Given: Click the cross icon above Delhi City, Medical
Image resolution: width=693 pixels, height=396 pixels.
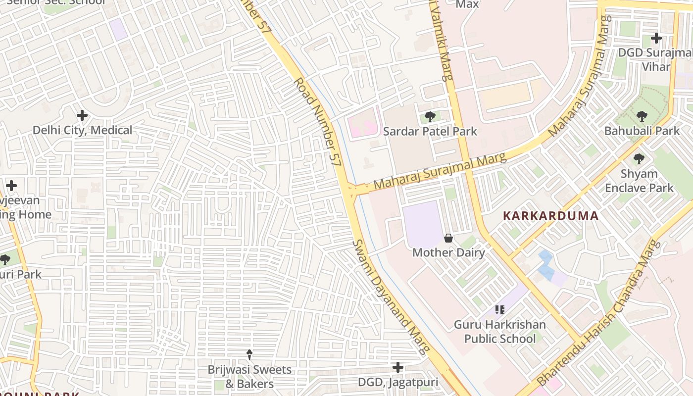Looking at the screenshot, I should point(82,116).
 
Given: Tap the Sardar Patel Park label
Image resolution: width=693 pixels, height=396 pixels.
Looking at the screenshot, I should point(430,131).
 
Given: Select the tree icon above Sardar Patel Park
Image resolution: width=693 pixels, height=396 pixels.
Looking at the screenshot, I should point(430,117).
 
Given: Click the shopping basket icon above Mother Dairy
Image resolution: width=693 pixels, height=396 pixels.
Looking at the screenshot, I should point(448,238).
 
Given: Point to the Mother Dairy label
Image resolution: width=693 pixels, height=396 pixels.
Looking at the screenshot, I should point(448,252).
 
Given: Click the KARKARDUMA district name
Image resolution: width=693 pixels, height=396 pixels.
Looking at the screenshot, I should point(551,216).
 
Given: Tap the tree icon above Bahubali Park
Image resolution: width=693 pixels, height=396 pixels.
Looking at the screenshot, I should point(642,117).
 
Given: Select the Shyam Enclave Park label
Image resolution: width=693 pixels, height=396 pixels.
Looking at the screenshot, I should point(639,181).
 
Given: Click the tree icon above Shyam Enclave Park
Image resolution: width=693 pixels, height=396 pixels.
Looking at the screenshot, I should point(639,159).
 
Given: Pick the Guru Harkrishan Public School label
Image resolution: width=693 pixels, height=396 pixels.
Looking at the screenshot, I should point(500,332).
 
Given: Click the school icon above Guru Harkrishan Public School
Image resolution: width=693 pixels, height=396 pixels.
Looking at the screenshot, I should point(500,310).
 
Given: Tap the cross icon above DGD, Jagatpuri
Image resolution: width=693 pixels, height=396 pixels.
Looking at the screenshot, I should point(398,367).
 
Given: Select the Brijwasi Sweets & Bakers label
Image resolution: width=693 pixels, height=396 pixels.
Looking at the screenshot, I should point(249,376).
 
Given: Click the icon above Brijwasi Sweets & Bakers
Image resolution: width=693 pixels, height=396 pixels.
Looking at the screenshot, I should point(249,355).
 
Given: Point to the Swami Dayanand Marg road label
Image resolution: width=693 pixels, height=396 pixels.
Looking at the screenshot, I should point(391,297).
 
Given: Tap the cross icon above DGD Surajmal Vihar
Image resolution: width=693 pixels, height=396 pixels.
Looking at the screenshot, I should point(656,38).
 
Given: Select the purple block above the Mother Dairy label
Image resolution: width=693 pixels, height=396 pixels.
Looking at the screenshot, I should point(422,223).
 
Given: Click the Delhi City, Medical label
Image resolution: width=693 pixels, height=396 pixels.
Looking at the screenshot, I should point(82,130).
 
